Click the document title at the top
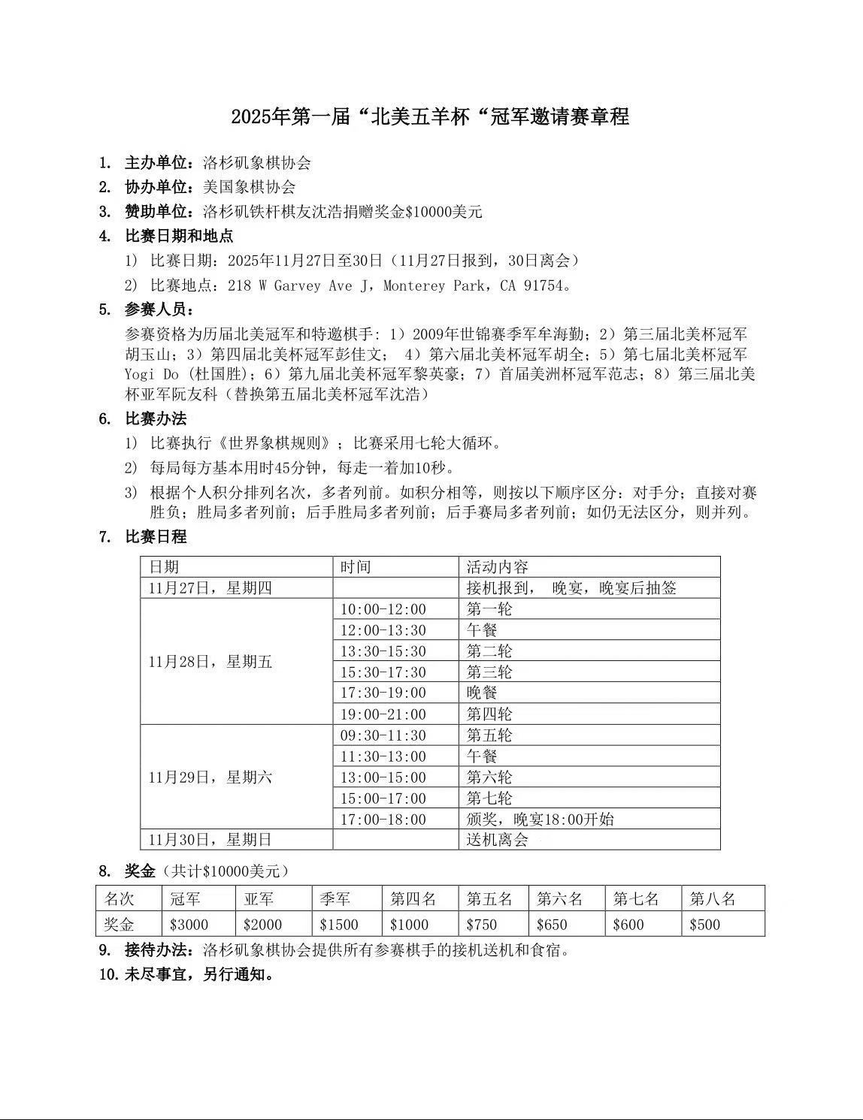[430, 117]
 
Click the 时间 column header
[356, 566]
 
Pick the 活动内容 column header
[497, 566]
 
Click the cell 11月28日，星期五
[210, 662]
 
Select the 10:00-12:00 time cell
[383, 609]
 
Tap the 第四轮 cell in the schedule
[489, 714]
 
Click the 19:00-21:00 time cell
[383, 714]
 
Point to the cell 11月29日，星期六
[210, 777]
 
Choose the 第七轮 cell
[489, 798]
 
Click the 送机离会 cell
[497, 839]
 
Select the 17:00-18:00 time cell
[383, 819]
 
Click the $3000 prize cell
[189, 924]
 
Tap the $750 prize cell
[482, 924]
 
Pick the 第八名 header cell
[713, 898]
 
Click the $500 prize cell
[705, 924]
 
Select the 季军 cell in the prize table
[335, 898]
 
